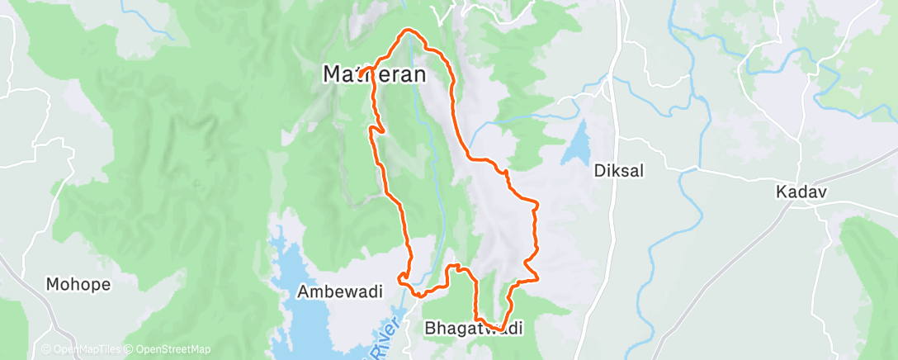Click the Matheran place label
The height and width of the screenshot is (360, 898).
coord(374,74)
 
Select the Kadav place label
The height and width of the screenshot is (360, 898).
coord(801,192)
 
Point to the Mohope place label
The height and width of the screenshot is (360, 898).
coord(78,284)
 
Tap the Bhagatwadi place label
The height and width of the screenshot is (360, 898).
coord(474,329)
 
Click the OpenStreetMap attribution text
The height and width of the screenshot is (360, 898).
coord(169,349)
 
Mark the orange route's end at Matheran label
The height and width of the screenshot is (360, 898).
coord(361,77)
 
